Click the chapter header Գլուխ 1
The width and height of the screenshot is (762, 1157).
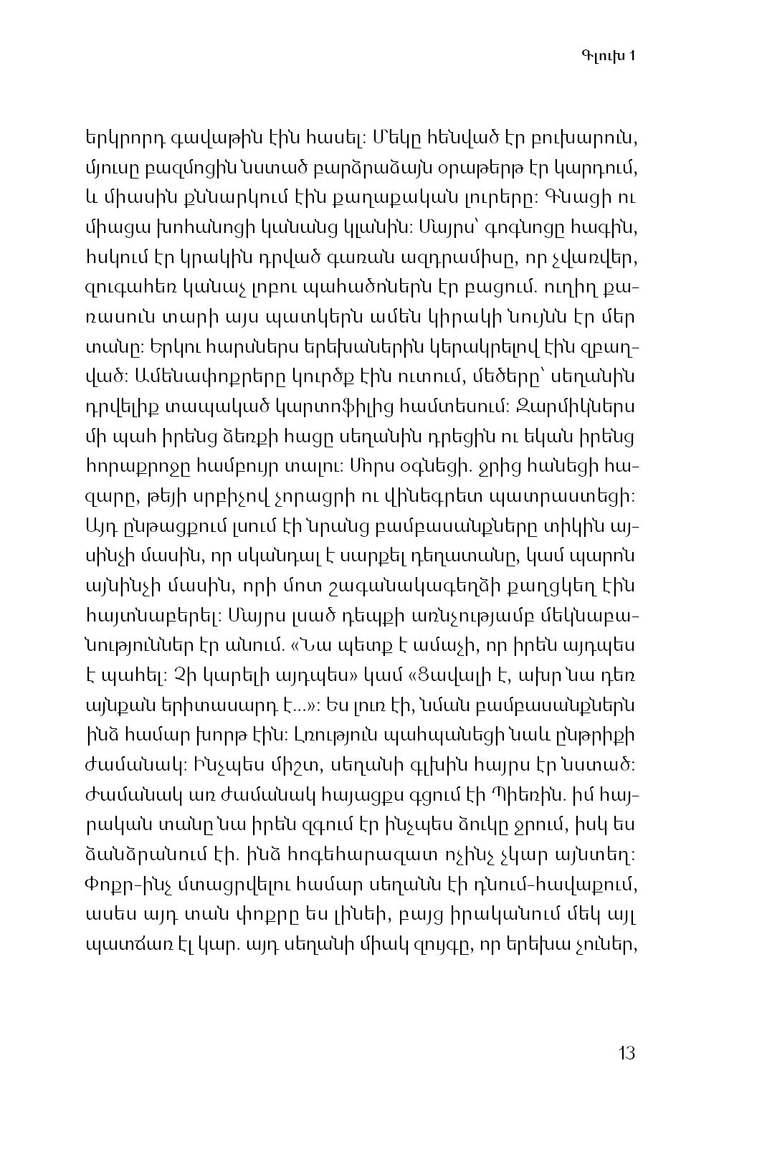pos(607,57)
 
